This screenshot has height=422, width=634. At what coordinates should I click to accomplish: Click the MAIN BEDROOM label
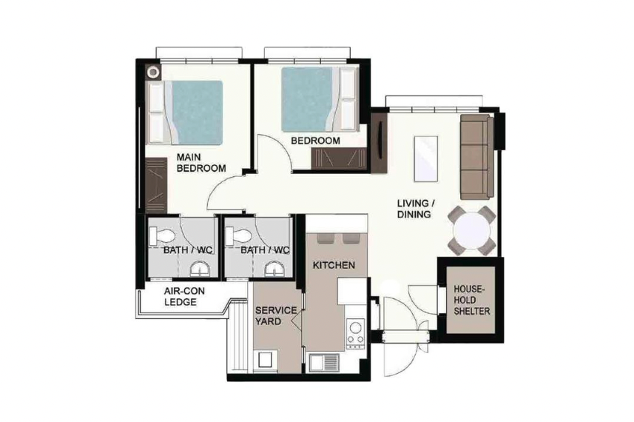201,163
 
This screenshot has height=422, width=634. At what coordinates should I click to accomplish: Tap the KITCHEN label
334,265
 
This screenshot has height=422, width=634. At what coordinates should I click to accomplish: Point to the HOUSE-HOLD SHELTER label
471,301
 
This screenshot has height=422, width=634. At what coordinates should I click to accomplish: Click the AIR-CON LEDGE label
184,297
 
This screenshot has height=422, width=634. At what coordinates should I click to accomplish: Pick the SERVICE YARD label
276,315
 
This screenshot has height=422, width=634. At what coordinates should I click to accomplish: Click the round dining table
471,231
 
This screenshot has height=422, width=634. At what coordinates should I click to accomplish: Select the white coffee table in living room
426,159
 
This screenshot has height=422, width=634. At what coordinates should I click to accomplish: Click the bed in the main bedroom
186,113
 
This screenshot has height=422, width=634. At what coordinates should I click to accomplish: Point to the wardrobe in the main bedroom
156,185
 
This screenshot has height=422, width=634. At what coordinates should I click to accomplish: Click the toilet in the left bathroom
162,236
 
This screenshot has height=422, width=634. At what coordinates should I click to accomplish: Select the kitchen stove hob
356,334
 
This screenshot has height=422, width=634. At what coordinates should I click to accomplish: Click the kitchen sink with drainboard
324,363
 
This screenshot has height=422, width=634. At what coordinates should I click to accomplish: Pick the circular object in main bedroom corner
153,73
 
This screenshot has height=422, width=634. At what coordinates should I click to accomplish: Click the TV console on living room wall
380,143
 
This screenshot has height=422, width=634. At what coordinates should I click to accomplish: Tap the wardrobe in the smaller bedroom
339,158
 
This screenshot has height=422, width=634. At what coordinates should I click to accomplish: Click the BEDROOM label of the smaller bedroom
315,141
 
